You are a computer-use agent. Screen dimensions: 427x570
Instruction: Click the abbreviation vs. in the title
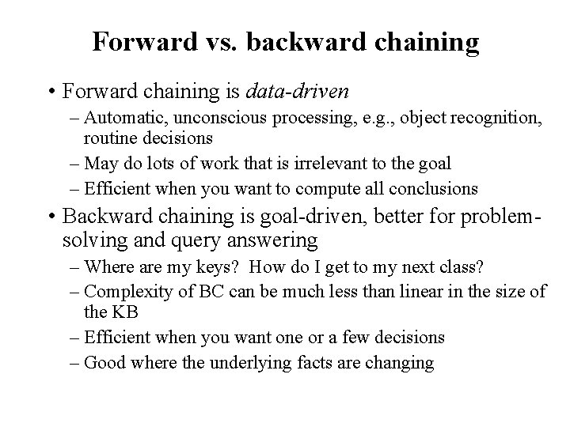[222, 42]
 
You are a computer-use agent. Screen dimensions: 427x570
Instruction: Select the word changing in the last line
[400, 363]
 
